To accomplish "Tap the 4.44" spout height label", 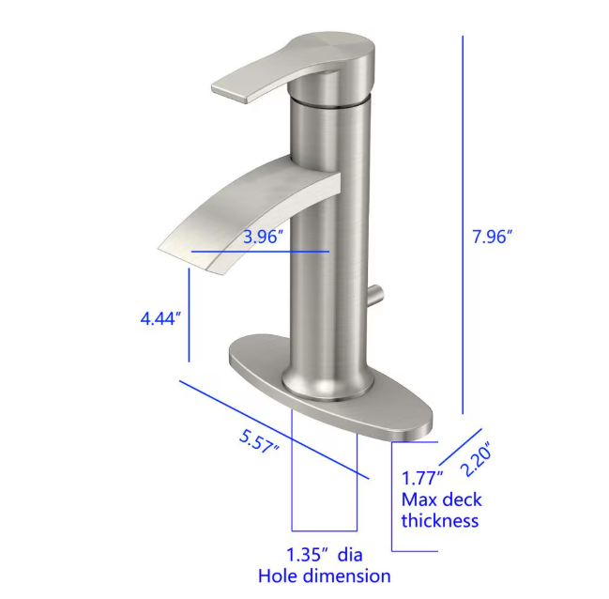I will pos(160,318).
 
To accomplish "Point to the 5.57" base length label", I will pos(260,439).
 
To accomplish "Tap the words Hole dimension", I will pos(324,576).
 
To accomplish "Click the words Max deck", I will pos(441,499).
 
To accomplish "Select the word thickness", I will pos(440,521).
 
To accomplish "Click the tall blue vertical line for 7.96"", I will pos(464,225).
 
